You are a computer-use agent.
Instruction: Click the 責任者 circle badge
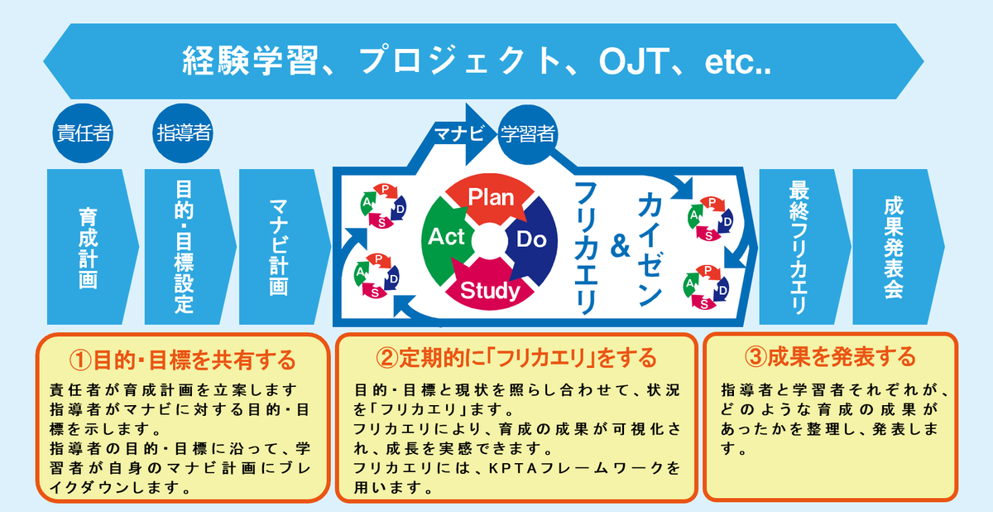coord(82,133)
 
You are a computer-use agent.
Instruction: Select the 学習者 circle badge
coord(528,133)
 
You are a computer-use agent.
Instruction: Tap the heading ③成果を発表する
coord(830,356)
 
